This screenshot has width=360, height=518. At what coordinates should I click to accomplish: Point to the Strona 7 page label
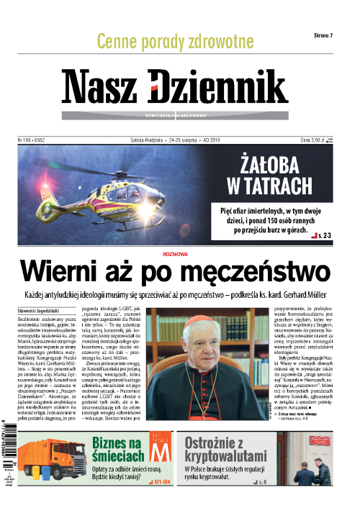(328, 35)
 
